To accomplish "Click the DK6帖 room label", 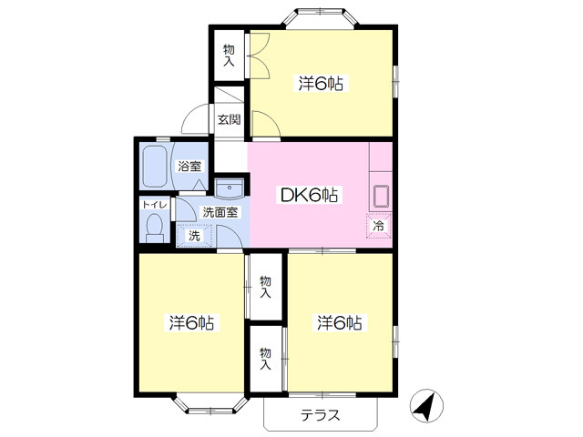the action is pos(309,195).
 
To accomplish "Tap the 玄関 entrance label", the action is pos(229,119).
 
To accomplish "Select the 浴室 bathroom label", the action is pos(189,166).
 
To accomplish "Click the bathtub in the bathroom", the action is pos(155,167).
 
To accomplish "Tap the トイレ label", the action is pos(155,204).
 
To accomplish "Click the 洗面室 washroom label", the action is pos(220,212).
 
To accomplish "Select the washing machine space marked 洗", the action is pos(194,236).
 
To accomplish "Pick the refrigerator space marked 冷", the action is pos(379,226).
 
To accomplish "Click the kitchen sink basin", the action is pos(381,196).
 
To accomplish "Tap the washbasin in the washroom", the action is pos(230,188).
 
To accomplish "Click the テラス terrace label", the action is pos(321,415).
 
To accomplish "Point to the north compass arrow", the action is pos(426,406).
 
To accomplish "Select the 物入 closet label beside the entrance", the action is pos(229,56).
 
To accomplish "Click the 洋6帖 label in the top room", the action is pos(321,83).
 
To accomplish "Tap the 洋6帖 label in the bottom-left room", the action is pos(191,322).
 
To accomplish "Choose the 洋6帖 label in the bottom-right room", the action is pos(340,322).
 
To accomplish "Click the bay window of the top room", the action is pos(321,16).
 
